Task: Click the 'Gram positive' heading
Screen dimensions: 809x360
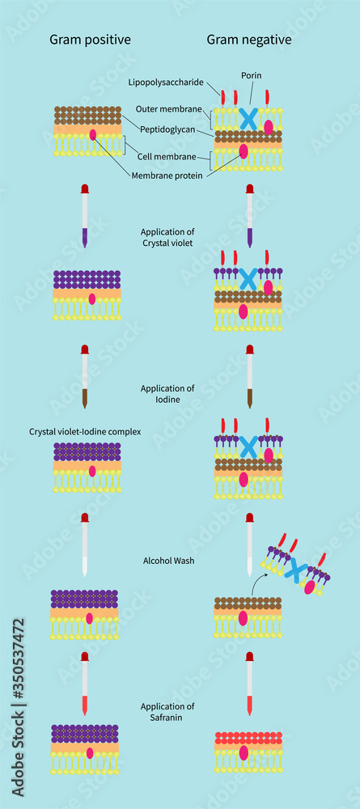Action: coord(90,39)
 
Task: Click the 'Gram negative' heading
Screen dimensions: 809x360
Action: coord(248,39)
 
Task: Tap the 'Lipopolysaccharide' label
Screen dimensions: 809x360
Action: coord(167,82)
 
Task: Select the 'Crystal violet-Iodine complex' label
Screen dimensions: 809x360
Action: coord(84,432)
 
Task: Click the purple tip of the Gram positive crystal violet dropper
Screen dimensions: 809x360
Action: coord(84,238)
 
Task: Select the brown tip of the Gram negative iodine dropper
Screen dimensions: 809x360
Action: coord(249,397)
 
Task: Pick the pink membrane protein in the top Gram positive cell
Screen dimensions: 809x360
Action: coord(92,135)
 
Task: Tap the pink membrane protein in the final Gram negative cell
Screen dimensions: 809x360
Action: coord(244,752)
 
